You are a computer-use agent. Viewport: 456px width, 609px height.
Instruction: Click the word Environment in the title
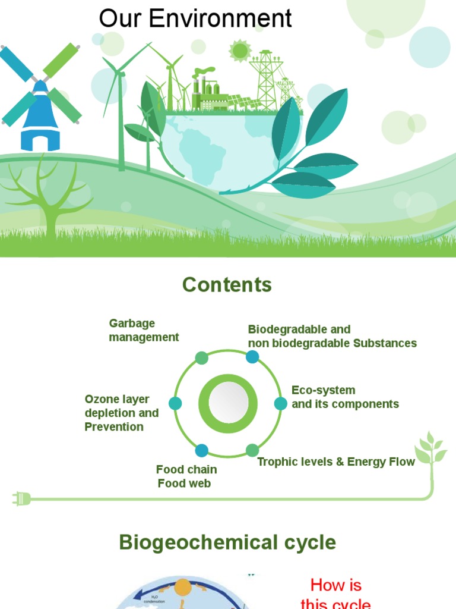point(220,18)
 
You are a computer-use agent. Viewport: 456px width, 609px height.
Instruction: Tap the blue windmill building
point(40,119)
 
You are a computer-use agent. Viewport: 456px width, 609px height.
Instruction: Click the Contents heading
point(227,285)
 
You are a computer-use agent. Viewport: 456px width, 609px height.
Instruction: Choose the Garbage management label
point(144,330)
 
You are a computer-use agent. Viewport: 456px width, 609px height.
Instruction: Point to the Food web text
point(184,483)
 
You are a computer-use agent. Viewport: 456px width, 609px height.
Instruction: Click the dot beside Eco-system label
point(281,404)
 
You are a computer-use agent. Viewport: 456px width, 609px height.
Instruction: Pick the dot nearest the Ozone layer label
point(175,404)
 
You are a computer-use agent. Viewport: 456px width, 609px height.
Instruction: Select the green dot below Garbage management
point(202,357)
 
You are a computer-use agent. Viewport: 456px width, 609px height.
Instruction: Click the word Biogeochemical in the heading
point(196,542)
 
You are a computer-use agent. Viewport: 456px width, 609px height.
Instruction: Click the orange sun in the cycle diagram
point(183,588)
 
